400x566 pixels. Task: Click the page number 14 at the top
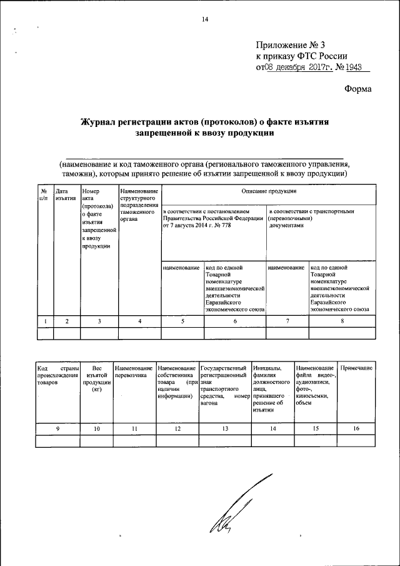pyautogui.click(x=204, y=19)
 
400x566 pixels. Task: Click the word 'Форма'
pyautogui.click(x=358, y=89)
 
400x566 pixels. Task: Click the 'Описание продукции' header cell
pyautogui.click(x=269, y=191)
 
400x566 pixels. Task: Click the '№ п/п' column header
pyautogui.click(x=44, y=194)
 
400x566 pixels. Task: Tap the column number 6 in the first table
pyautogui.click(x=235, y=321)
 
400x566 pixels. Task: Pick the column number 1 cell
pyautogui.click(x=45, y=321)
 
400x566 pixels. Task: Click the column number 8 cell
pyautogui.click(x=342, y=321)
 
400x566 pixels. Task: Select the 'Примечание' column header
pyautogui.click(x=357, y=368)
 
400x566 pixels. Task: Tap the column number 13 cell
pyautogui.click(x=224, y=429)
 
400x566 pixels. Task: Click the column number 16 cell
pyautogui.click(x=357, y=429)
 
